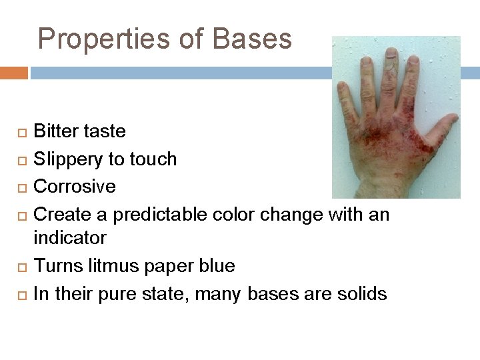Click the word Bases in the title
pos(252,39)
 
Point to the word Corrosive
pos(75,187)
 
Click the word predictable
pos(160,215)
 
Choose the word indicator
pos(70,238)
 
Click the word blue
pos(217,266)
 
